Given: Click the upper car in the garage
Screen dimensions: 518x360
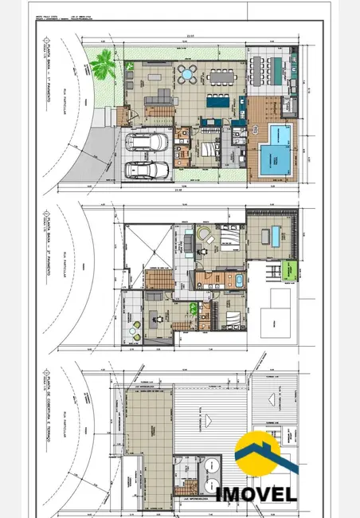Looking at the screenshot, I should [147, 143].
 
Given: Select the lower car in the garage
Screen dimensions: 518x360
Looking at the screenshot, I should [147, 171].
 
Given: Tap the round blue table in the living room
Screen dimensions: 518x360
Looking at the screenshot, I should [186, 76].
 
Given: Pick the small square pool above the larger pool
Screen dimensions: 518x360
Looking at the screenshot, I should [278, 131].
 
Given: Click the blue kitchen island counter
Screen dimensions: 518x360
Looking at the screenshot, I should [217, 102].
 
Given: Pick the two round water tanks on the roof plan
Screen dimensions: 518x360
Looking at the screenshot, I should [211, 470].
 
